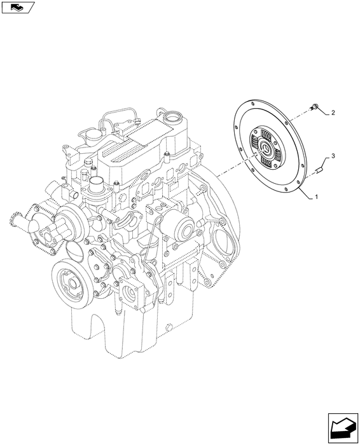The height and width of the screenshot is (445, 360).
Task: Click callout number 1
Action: coord(316,196)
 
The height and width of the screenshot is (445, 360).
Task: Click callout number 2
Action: coord(333,113)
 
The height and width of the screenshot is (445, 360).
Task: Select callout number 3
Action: coord(333,156)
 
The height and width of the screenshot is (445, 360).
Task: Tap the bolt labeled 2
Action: coord(314,107)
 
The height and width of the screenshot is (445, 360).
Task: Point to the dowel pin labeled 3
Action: coord(319,171)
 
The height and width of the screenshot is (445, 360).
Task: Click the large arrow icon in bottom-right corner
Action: coord(343,428)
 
